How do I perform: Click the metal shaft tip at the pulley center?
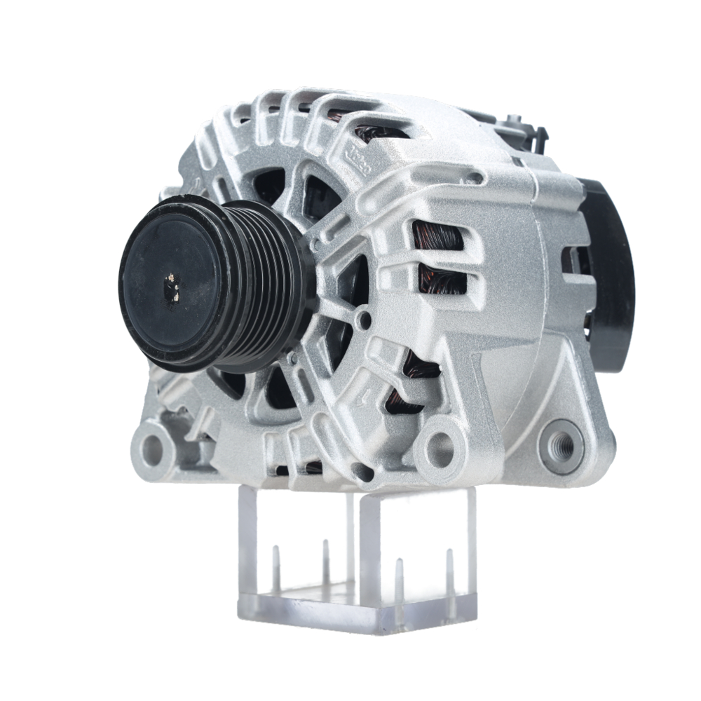point(171,286)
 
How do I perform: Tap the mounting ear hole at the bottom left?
point(151,446)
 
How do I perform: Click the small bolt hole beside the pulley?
point(363,321)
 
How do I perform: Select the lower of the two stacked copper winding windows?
point(440,280)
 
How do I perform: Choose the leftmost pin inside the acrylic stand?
point(275,568)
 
